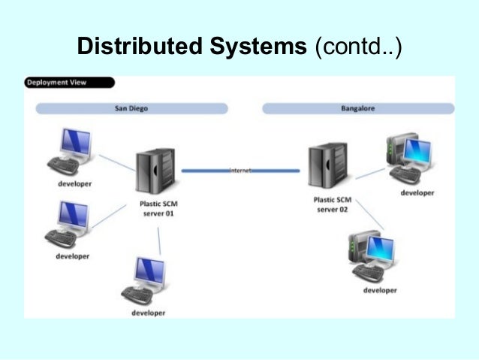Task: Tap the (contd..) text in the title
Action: (x=358, y=47)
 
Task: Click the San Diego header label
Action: (x=131, y=108)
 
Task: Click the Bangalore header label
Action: (x=357, y=108)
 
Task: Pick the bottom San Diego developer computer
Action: (x=147, y=281)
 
